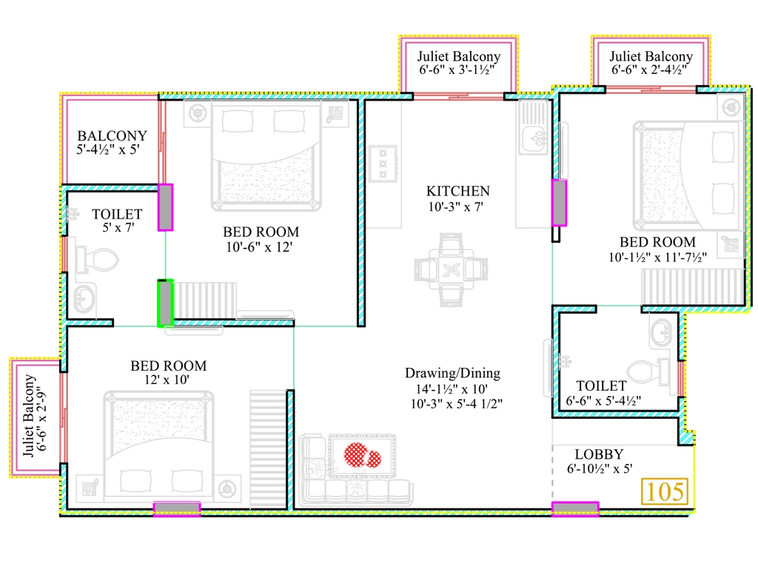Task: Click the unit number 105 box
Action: [x=665, y=491]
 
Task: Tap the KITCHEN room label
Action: [x=457, y=192]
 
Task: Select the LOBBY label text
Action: [x=599, y=454]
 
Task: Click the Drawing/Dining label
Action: [x=452, y=373]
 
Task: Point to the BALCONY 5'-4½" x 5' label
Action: [x=112, y=142]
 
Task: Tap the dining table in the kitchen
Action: [x=451, y=269]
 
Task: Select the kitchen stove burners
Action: [x=383, y=164]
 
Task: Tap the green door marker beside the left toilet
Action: [x=165, y=303]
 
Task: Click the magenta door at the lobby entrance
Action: [x=575, y=508]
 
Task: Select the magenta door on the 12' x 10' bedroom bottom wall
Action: [x=177, y=508]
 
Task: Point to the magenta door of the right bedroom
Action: [x=560, y=203]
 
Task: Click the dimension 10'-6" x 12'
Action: [x=259, y=247]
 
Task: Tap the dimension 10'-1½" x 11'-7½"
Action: [x=657, y=257]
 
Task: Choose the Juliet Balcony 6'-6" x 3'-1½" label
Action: [x=459, y=64]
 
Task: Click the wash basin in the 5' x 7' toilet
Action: [x=85, y=298]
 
